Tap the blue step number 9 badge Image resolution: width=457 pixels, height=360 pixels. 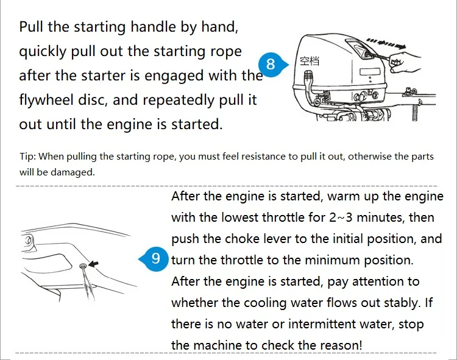click(x=155, y=259)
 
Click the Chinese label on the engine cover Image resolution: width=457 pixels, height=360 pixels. click(x=310, y=61)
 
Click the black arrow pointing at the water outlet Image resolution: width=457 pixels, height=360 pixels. click(x=93, y=264)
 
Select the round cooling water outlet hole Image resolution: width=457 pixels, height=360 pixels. click(x=83, y=266)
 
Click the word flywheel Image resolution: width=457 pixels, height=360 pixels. click(x=46, y=100)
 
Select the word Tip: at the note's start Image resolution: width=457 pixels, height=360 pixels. click(x=27, y=157)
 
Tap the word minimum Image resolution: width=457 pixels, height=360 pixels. click(x=333, y=260)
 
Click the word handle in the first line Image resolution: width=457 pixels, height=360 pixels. click(x=153, y=27)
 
